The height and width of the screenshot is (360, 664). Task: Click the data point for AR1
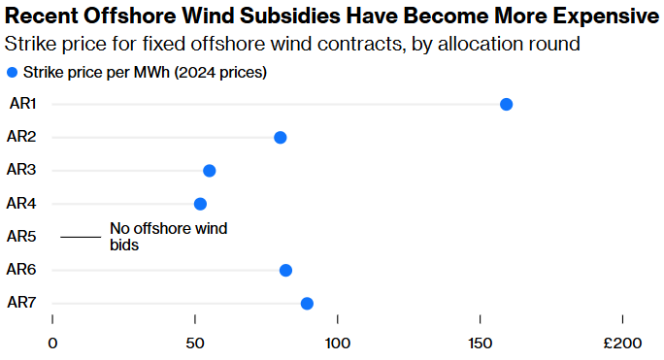pyautogui.click(x=506, y=105)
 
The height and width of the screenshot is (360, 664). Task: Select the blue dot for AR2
pyautogui.click(x=281, y=138)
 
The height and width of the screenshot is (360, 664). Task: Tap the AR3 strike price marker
pyautogui.click(x=209, y=171)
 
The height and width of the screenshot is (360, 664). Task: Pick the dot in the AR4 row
pyautogui.click(x=200, y=204)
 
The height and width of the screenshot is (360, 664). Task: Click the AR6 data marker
pyautogui.click(x=285, y=271)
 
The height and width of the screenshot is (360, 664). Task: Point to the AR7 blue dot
pyautogui.click(x=307, y=304)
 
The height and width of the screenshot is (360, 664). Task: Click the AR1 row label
pyautogui.click(x=21, y=104)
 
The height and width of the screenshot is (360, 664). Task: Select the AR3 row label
pyautogui.click(x=21, y=170)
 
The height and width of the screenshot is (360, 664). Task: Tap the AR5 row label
pyautogui.click(x=21, y=236)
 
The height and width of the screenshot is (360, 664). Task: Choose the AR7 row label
pyautogui.click(x=21, y=303)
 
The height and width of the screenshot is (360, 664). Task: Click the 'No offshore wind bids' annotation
pyautogui.click(x=168, y=237)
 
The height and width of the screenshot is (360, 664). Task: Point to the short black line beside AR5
pyautogui.click(x=81, y=237)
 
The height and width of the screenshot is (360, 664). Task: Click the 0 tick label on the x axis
pyautogui.click(x=52, y=344)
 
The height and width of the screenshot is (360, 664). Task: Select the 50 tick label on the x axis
pyautogui.click(x=195, y=344)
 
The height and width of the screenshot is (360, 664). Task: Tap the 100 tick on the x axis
pyautogui.click(x=337, y=344)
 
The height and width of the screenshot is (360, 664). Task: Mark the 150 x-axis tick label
pyautogui.click(x=480, y=344)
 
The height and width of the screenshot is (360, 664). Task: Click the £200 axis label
pyautogui.click(x=622, y=344)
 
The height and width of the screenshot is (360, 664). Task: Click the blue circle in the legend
pyautogui.click(x=11, y=73)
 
